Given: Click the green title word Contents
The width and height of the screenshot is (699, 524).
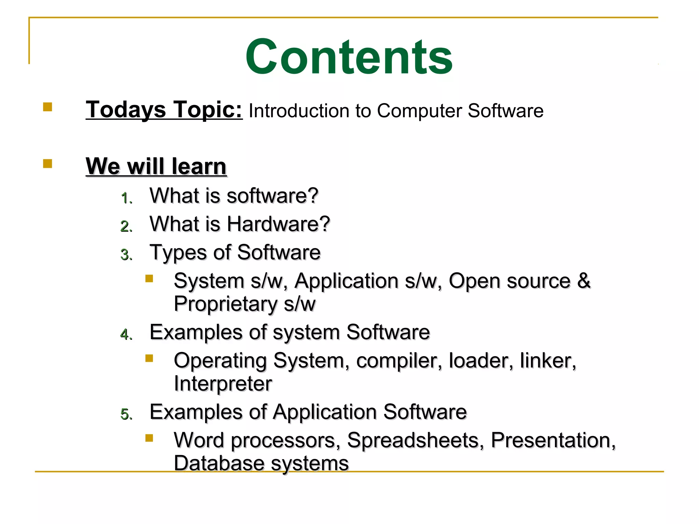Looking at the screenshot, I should pyautogui.click(x=349, y=57).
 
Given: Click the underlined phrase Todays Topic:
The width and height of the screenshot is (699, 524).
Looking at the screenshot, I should pyautogui.click(x=164, y=110).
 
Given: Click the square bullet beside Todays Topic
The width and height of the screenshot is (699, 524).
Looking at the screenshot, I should pyautogui.click(x=47, y=107).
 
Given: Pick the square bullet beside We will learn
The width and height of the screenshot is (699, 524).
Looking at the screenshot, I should pyautogui.click(x=47, y=164).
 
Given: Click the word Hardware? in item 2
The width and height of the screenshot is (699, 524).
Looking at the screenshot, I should pyautogui.click(x=278, y=224).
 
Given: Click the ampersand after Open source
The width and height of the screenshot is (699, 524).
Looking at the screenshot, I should pyautogui.click(x=584, y=281).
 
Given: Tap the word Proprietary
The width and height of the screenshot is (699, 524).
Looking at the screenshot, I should pyautogui.click(x=226, y=304).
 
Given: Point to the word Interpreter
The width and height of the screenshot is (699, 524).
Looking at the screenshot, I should pyautogui.click(x=223, y=383).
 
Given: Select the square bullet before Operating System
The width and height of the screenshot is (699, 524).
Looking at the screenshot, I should pyautogui.click(x=149, y=358).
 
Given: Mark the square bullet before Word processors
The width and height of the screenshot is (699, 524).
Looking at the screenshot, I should pyautogui.click(x=149, y=438).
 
